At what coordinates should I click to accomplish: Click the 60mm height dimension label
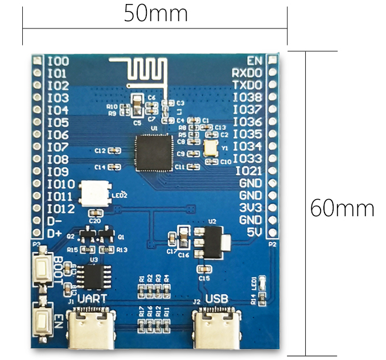(342, 208)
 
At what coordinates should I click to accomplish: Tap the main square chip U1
(153, 153)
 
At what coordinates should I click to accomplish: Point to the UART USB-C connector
(91, 328)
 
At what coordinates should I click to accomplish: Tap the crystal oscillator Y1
(210, 147)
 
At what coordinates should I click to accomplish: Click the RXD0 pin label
(247, 73)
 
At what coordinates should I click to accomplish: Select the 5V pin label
(255, 232)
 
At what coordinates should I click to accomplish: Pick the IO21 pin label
(249, 171)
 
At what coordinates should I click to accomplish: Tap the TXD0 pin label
(247, 85)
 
